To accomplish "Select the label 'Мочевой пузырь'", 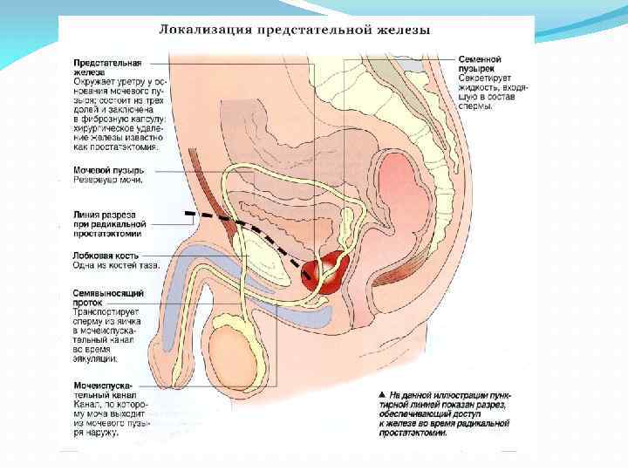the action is pos(109,169).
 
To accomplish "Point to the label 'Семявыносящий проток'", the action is pos(108,298).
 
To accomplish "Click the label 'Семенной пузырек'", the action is pos(480,64).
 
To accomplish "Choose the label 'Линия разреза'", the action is pos(105,213).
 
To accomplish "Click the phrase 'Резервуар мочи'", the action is pos(108,180).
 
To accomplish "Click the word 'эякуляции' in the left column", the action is pos(96,358).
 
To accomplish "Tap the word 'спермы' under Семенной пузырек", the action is pos(476,107).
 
